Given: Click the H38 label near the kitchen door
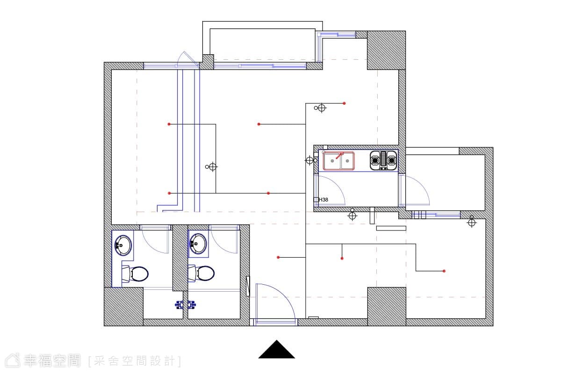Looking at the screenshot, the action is tap(324, 200).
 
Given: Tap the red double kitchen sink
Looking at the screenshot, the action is tap(338, 161).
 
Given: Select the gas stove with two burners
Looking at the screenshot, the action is tap(383, 160).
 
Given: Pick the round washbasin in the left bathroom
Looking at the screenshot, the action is tap(123, 245).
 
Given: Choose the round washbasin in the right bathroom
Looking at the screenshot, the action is tap(198, 244).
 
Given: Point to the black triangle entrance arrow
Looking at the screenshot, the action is tap(276, 349).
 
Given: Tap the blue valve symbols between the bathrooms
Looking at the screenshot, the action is tap(185, 305).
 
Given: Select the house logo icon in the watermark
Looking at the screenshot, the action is tap(13, 361).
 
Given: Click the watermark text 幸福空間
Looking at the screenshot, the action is tap(52, 361).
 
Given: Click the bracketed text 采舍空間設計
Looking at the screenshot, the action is tap(135, 361).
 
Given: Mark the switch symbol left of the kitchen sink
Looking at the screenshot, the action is tap(310, 160).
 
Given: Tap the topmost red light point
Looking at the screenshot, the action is tap(345, 103).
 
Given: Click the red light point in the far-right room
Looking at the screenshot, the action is tap(444, 271).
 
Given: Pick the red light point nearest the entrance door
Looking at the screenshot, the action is tap(278, 257).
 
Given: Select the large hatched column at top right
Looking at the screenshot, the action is tap(387, 50).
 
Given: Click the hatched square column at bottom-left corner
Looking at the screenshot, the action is tap(124, 306).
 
